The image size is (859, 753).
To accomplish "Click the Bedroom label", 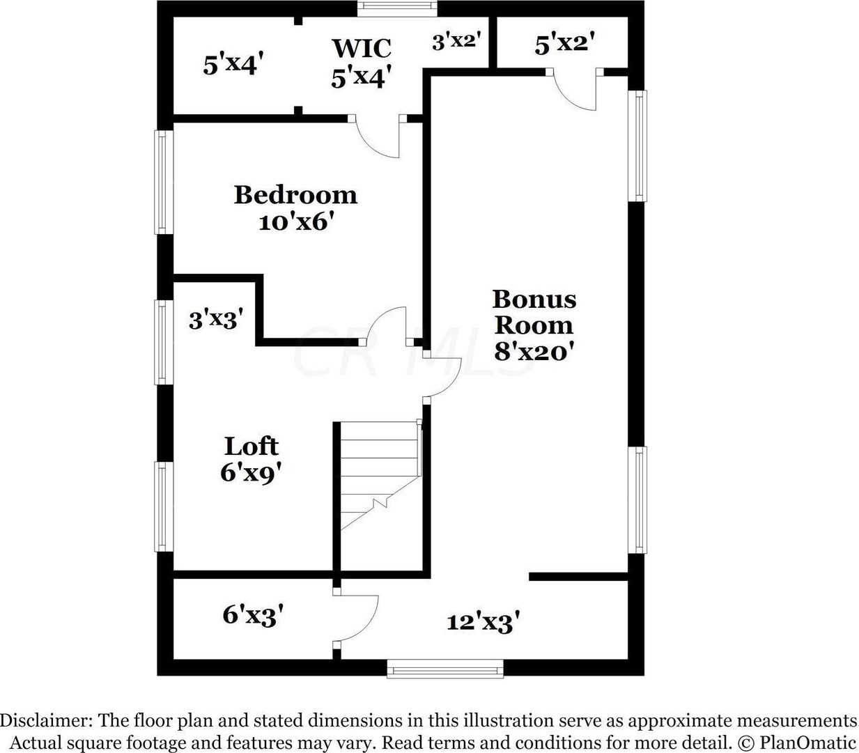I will pyautogui.click(x=295, y=194).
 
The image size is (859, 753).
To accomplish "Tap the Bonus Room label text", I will pyautogui.click(x=534, y=312).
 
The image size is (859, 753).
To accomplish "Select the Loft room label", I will pyautogui.click(x=251, y=446).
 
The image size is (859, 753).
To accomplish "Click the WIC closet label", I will pyautogui.click(x=361, y=48).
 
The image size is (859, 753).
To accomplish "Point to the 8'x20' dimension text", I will pyautogui.click(x=534, y=352).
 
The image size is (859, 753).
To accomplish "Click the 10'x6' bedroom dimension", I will pyautogui.click(x=293, y=222).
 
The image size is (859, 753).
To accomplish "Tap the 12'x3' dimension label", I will pyautogui.click(x=483, y=621).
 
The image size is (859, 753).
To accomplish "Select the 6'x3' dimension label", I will pyautogui.click(x=252, y=615).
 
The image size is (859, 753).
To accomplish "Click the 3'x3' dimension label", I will pyautogui.click(x=216, y=320).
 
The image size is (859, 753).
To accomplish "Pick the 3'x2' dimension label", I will pyautogui.click(x=456, y=41).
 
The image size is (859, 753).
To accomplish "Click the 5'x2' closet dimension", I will pyautogui.click(x=564, y=45).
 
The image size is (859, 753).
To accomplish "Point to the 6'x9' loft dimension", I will pyautogui.click(x=251, y=473).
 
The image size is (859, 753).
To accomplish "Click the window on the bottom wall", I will pyautogui.click(x=445, y=670).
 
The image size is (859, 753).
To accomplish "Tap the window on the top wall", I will pyautogui.click(x=397, y=8).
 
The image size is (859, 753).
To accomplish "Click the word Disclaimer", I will pyautogui.click(x=44, y=720).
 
